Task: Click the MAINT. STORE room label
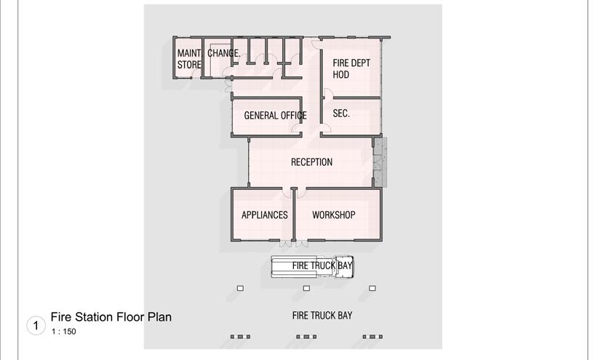click(x=189, y=58)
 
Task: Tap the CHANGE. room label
click(x=223, y=53)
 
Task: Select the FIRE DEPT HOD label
click(x=351, y=68)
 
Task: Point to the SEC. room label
click(x=341, y=114)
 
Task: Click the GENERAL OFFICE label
click(x=275, y=116)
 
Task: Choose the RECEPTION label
click(x=311, y=162)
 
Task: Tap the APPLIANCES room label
click(x=265, y=215)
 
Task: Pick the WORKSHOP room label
click(x=333, y=215)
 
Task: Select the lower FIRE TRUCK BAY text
click(x=322, y=316)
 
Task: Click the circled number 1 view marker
click(x=36, y=325)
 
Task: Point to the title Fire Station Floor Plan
click(x=111, y=317)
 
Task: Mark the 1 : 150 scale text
click(x=63, y=332)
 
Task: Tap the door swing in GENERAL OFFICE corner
click(x=296, y=128)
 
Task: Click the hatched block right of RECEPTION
click(x=380, y=161)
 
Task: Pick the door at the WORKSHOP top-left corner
click(x=300, y=193)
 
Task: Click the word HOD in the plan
click(x=341, y=75)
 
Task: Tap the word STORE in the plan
click(x=189, y=65)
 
